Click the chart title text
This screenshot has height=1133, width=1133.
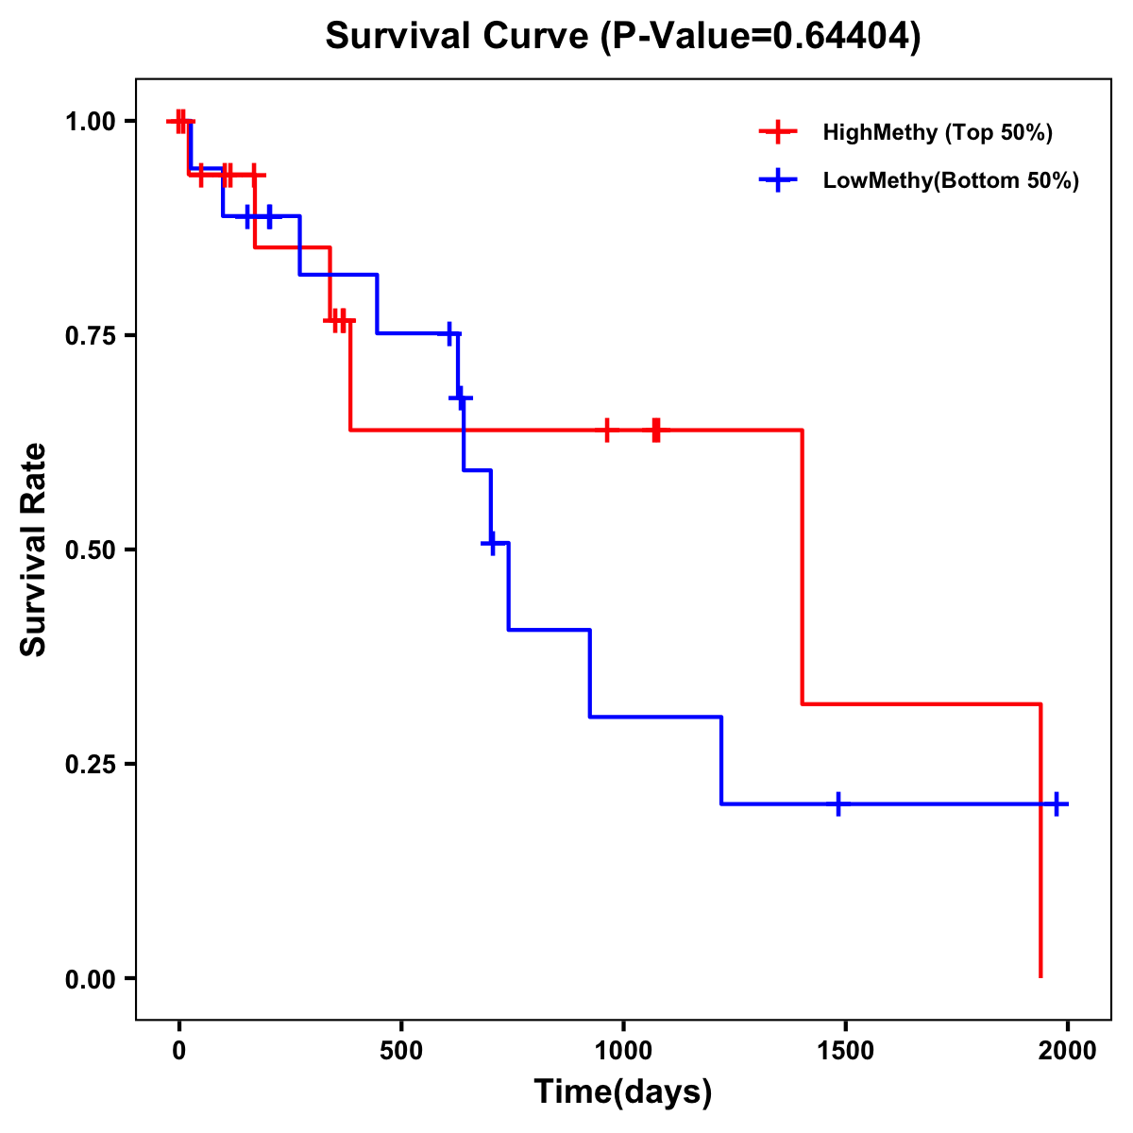tap(622, 37)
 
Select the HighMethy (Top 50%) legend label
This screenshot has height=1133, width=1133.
tap(937, 132)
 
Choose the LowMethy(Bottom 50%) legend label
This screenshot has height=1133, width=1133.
tap(950, 180)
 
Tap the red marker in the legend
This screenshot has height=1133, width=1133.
tap(778, 132)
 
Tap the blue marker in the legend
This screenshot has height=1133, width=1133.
tap(778, 180)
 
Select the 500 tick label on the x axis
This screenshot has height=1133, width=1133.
tap(401, 1052)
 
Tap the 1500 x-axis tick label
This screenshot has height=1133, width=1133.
tap(845, 1052)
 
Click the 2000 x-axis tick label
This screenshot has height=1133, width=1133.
tap(1067, 1052)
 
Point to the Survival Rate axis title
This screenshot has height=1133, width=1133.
tap(34, 550)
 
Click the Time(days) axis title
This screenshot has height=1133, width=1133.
tap(622, 1092)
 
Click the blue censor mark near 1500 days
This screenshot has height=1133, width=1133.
tap(837, 804)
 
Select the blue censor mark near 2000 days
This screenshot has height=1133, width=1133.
tap(1057, 804)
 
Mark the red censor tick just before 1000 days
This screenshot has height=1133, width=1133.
tap(607, 430)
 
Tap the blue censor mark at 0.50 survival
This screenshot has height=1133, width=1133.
tap(491, 543)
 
